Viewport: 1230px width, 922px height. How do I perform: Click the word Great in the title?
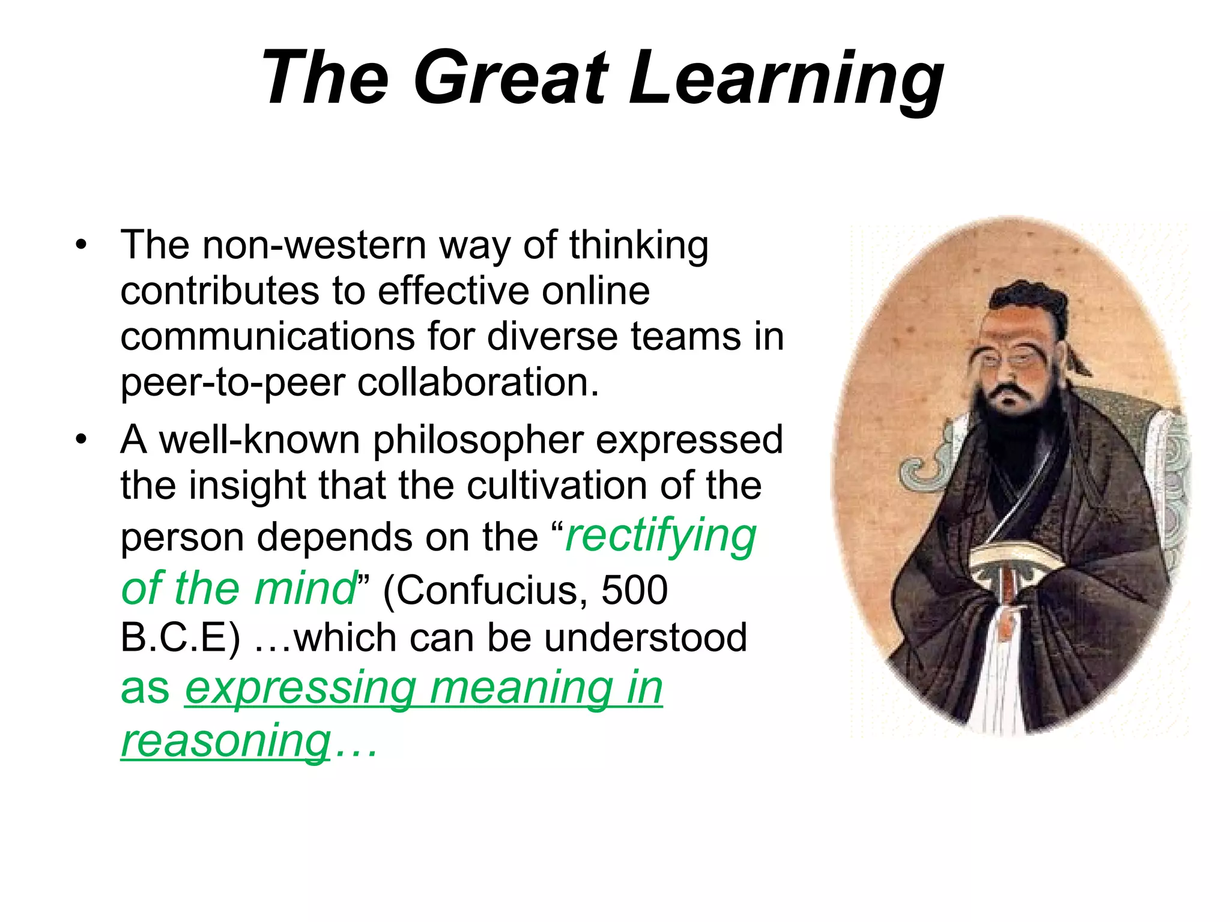[x=510, y=78]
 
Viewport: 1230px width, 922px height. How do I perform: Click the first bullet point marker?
[x=81, y=246]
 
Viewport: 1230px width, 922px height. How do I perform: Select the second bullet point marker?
[x=81, y=440]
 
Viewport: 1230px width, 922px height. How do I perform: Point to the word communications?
[x=268, y=337]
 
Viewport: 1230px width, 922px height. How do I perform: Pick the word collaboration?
[x=478, y=382]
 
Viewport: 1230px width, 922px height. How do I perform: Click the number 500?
[x=634, y=590]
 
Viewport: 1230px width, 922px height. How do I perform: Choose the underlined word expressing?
[x=300, y=688]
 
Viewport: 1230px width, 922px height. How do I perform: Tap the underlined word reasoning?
[x=226, y=742]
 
